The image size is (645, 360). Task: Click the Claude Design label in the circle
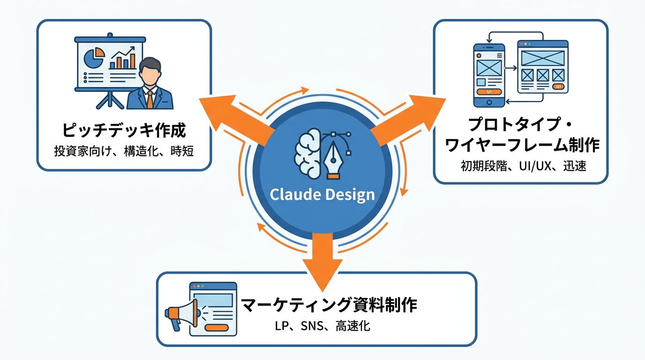(x=322, y=195)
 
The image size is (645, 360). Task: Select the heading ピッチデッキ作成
(x=123, y=130)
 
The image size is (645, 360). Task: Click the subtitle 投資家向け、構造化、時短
(x=123, y=151)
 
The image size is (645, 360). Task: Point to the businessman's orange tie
(x=150, y=98)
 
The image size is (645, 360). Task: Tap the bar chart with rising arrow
(x=122, y=58)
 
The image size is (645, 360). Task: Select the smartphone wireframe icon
(x=489, y=75)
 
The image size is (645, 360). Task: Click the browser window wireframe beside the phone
(x=542, y=67)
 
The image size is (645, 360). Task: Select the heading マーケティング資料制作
(x=329, y=305)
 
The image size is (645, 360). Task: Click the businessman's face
(x=150, y=75)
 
